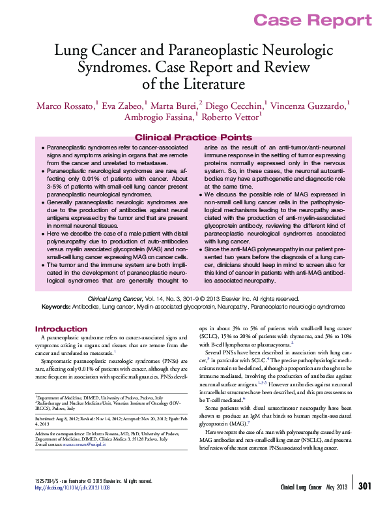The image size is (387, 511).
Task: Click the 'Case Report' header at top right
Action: coord(312,20)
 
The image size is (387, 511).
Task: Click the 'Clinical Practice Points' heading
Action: coord(193,137)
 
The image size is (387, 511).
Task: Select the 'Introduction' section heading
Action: coord(61,329)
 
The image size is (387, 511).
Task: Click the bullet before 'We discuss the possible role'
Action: coord(200,194)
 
